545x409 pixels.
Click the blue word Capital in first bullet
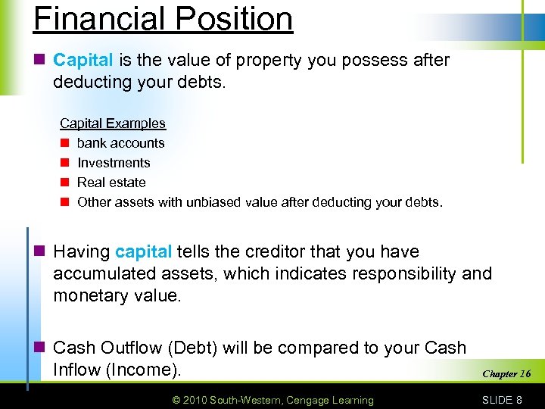83,60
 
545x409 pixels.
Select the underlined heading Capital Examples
113,123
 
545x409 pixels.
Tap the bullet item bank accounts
120,143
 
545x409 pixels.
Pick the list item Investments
114,163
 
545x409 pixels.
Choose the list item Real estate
111,183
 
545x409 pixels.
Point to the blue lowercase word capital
144,251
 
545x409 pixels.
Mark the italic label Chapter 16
506,373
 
